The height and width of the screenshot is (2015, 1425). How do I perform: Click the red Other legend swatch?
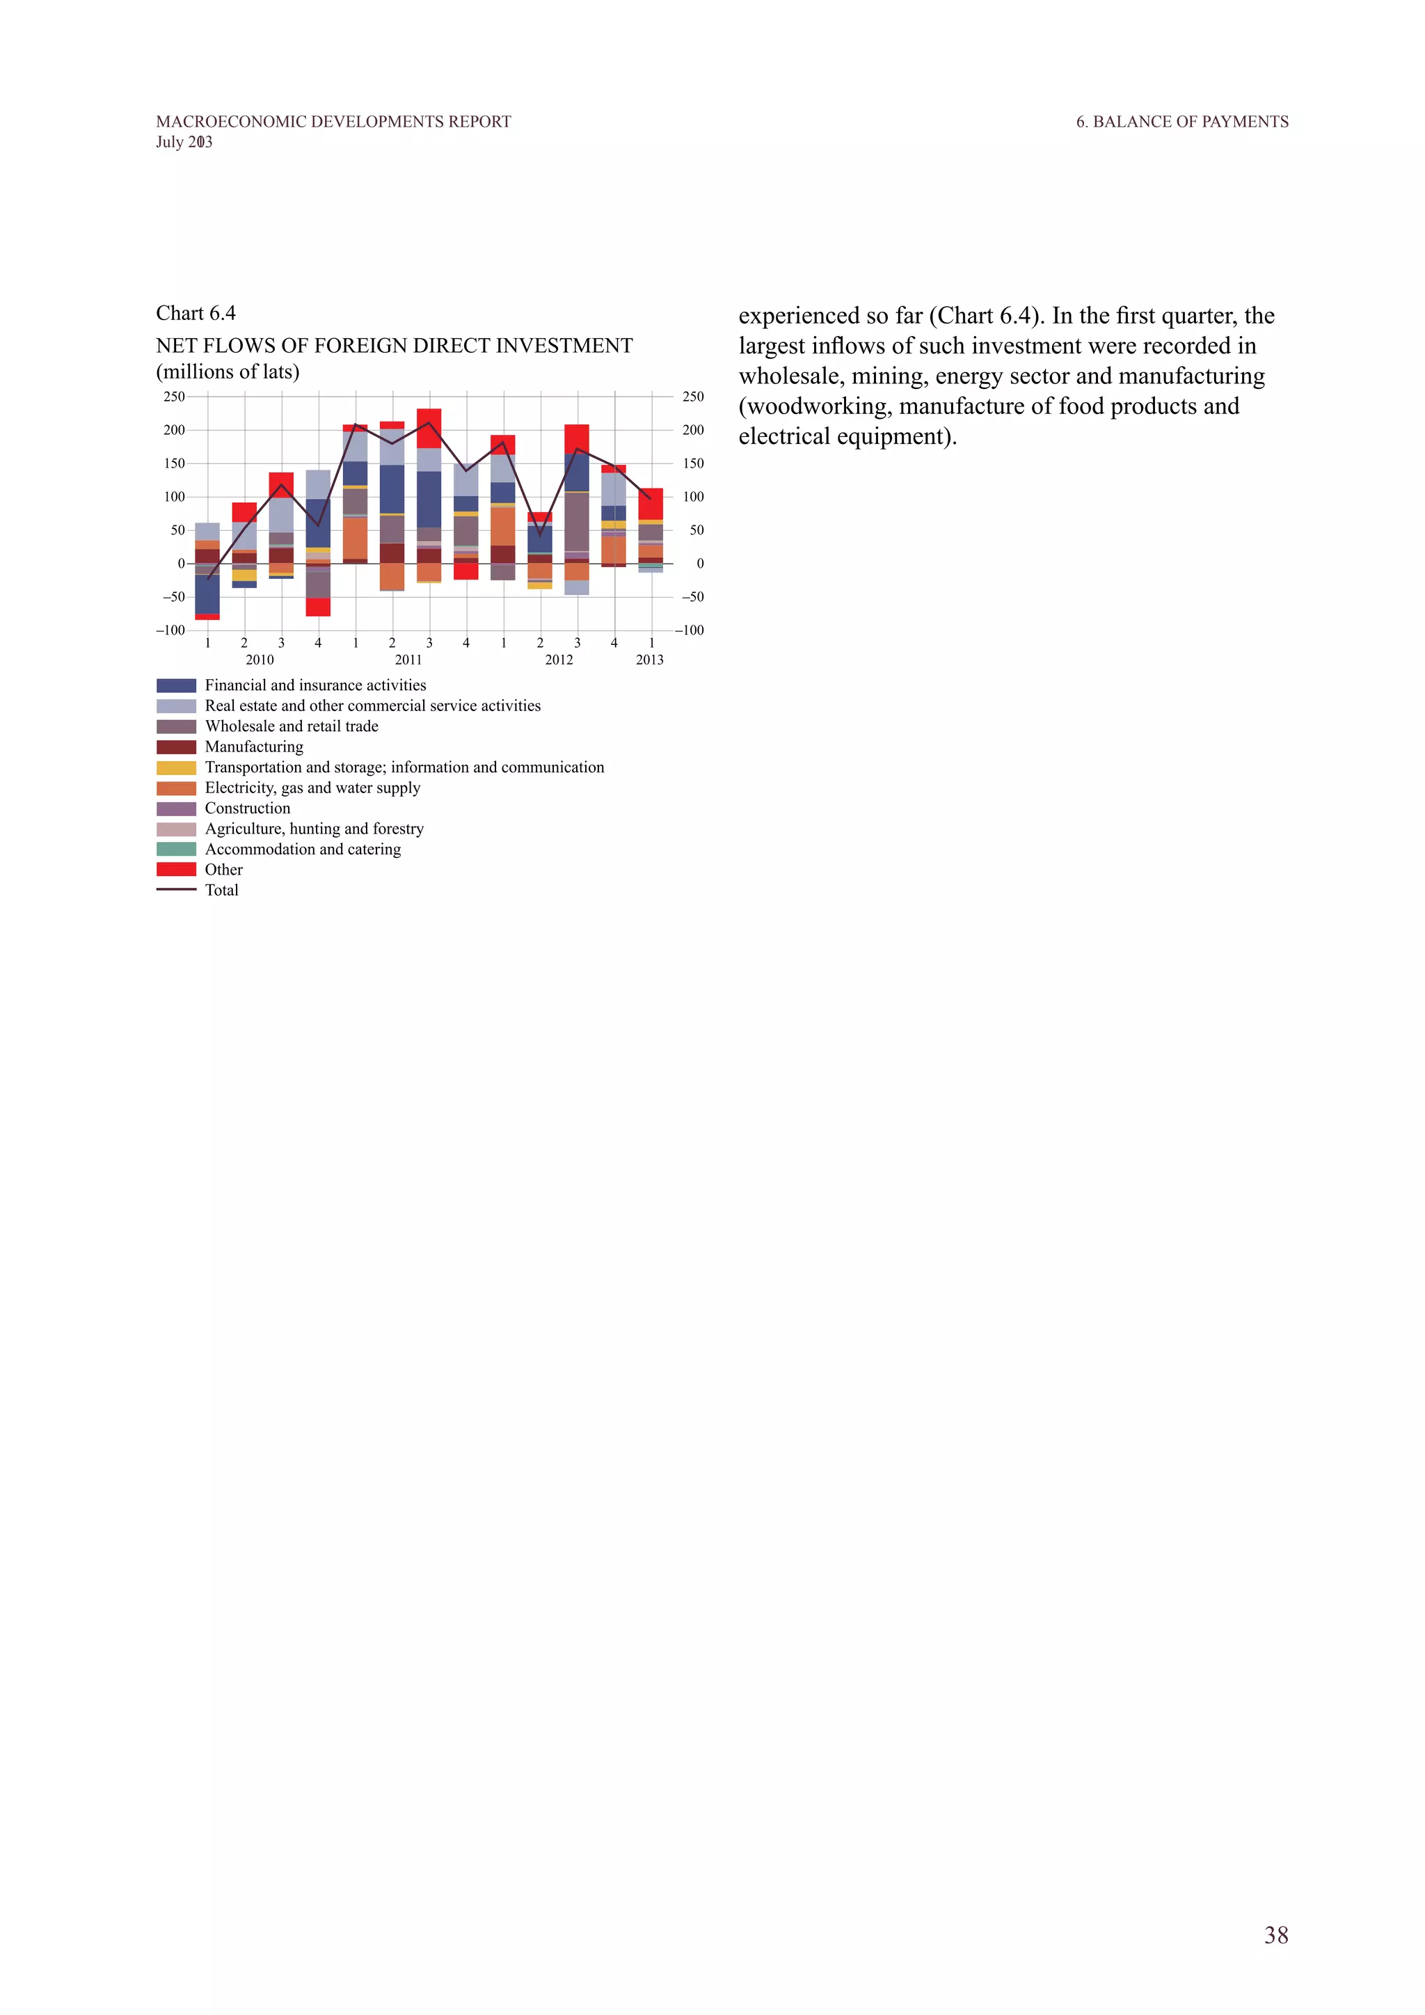click(175, 869)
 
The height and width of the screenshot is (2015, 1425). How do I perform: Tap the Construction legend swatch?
click(175, 809)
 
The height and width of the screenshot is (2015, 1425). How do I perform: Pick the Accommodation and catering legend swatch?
click(175, 849)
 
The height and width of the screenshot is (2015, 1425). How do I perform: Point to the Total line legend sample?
click(175, 890)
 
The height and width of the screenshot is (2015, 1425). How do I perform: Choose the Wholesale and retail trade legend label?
click(292, 726)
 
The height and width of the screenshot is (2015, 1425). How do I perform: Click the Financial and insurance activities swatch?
click(175, 685)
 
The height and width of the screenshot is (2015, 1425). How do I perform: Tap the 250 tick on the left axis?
click(174, 397)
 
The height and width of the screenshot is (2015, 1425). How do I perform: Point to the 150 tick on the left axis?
click(174, 463)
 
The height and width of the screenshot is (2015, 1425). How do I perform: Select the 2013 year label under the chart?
click(649, 660)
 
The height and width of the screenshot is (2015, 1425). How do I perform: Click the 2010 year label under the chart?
click(259, 660)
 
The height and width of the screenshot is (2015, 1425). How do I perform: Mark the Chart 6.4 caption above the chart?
click(196, 313)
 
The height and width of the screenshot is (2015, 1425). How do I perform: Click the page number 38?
click(1276, 1935)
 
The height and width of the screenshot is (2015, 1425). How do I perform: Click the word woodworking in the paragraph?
click(820, 406)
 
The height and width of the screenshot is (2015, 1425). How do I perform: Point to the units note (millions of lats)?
click(228, 372)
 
